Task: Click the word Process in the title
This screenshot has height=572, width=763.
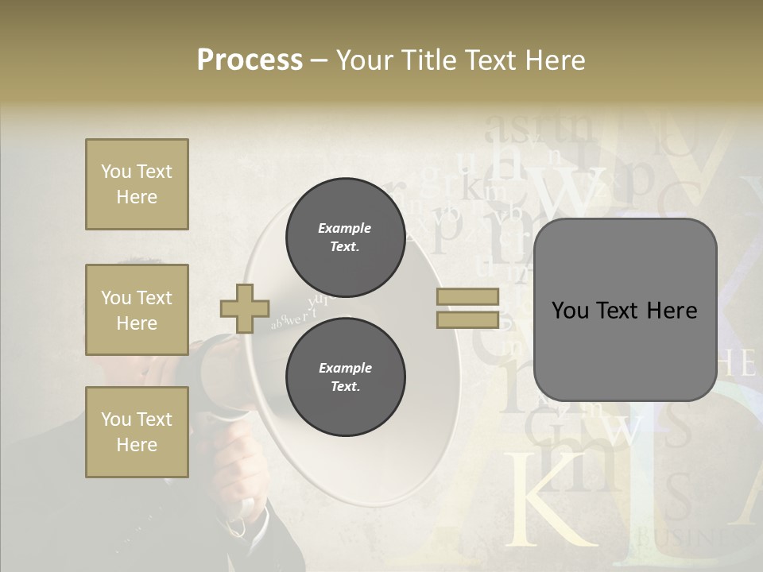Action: coord(250,60)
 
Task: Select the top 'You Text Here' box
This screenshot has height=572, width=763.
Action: coord(137,184)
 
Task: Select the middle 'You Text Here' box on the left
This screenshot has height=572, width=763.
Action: coord(137,310)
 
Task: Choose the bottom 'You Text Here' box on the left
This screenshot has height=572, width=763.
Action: coord(137,431)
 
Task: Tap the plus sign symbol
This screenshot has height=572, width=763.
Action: coord(245,308)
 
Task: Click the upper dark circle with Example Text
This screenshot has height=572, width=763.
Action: coord(345,238)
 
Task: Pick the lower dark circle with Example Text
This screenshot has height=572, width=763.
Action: coord(345,377)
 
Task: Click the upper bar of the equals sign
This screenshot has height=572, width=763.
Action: coord(468,296)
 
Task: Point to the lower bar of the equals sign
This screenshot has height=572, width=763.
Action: coord(468,320)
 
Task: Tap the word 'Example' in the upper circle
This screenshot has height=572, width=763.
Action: coord(345,228)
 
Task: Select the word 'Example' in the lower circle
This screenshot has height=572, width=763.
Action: coord(345,368)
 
